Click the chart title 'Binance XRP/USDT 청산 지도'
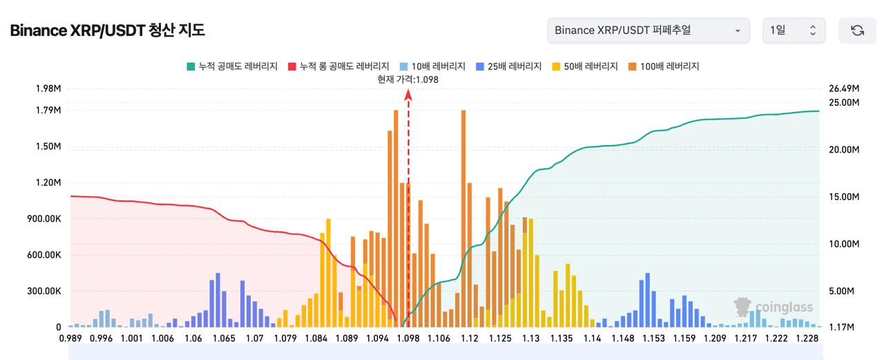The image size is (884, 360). click(x=107, y=30)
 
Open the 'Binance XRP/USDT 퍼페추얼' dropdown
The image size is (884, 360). click(x=648, y=30)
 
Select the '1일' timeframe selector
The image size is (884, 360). click(x=794, y=30)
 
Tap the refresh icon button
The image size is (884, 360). click(x=857, y=30)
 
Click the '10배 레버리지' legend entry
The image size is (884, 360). click(x=432, y=66)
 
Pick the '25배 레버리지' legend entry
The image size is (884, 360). click(x=509, y=66)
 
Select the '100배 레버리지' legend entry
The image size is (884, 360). click(x=664, y=66)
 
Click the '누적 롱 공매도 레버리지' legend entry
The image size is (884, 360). click(x=338, y=66)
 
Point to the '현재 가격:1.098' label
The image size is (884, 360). click(x=407, y=79)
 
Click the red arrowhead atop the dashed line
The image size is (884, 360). click(x=408, y=95)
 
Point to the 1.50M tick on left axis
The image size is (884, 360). click(x=48, y=146)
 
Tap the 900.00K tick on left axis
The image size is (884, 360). click(x=44, y=218)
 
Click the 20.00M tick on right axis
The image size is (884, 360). click(x=844, y=150)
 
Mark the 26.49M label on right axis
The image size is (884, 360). click(x=844, y=88)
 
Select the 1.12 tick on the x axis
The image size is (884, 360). click(x=470, y=339)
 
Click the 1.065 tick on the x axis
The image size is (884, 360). click(x=224, y=339)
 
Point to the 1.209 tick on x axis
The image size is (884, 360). click(x=715, y=339)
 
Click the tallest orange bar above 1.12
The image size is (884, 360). click(x=463, y=218)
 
